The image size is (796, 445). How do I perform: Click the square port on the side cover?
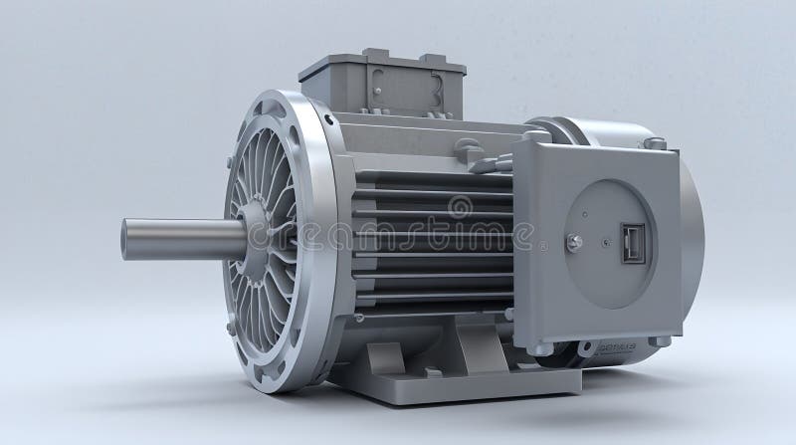point(633,243)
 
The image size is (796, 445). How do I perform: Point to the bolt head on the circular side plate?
point(574,242)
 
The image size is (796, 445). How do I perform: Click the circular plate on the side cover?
point(609,243)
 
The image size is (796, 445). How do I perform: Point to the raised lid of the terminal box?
point(381,61)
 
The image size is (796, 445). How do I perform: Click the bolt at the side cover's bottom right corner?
point(658,340)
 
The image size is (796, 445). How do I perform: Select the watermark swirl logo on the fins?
point(460,207)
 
